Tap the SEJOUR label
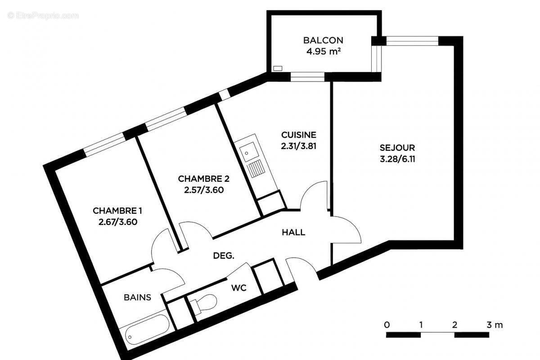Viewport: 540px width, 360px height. point(397,148)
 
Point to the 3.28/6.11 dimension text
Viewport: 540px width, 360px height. point(397,159)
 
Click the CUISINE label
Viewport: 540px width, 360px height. point(298,135)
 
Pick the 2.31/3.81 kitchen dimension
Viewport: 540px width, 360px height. point(298,145)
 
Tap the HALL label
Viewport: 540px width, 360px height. point(293,233)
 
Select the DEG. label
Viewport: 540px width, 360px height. point(223,256)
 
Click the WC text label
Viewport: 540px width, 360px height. point(238,288)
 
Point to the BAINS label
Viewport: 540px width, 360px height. point(137,297)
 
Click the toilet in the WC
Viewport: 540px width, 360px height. point(205,303)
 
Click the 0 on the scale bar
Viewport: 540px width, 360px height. point(387,324)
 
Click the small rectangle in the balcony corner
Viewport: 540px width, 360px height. point(278,68)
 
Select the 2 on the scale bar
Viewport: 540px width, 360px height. point(455,324)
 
